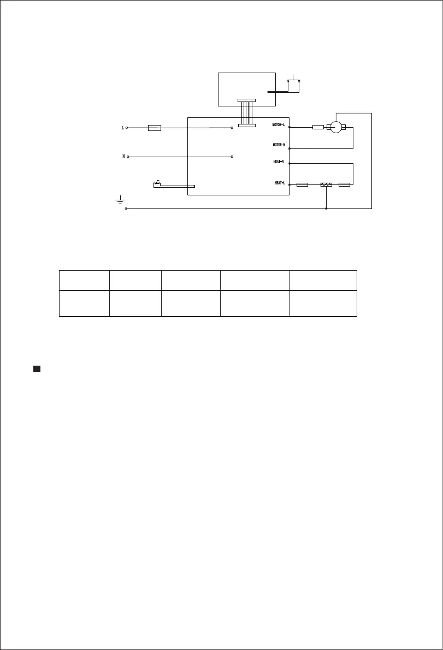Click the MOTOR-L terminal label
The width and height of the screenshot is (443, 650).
point(279,125)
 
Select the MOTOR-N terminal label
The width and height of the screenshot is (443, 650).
point(279,145)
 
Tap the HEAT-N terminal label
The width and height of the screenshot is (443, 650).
point(279,162)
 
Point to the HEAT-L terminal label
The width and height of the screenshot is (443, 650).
point(280,183)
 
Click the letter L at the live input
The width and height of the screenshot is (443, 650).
point(122,128)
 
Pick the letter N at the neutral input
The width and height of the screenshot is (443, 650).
point(123,156)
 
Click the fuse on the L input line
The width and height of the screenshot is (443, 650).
point(155,128)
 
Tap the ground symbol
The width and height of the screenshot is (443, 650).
point(120,201)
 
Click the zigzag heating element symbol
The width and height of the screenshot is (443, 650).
point(326,185)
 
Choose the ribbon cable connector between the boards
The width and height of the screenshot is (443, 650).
point(246,113)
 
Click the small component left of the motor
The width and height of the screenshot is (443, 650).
point(318,127)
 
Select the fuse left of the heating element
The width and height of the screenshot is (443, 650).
point(302,185)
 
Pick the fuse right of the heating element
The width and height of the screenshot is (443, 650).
point(344,185)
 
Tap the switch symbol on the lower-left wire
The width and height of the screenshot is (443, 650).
point(157,183)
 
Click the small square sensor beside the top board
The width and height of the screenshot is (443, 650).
point(294,86)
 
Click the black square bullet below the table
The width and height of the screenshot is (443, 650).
point(37,369)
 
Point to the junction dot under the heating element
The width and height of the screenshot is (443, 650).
point(326,208)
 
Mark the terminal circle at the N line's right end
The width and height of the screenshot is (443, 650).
point(232,156)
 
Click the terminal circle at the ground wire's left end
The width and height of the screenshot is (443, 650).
point(126,208)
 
